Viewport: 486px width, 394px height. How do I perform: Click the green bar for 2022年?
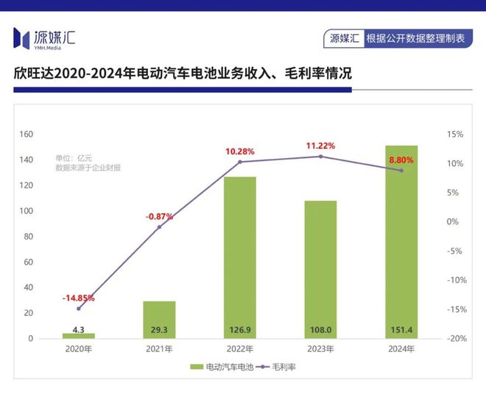(x=240, y=257)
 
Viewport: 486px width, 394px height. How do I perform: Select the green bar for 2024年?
(x=401, y=242)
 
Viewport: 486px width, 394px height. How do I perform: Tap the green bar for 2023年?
(x=320, y=269)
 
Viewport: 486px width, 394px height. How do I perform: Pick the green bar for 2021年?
(x=159, y=320)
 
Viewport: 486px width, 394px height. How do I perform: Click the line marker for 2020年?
(x=78, y=308)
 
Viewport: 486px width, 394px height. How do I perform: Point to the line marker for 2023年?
(x=320, y=157)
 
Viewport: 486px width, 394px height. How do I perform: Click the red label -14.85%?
(x=78, y=298)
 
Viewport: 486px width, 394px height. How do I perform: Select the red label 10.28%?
(x=240, y=151)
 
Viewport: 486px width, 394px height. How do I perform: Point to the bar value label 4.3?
(x=78, y=331)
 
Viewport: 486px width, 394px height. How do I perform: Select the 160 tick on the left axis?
(x=27, y=135)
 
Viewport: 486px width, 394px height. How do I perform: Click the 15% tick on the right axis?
(x=454, y=135)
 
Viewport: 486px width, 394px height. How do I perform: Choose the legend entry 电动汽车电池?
(x=219, y=366)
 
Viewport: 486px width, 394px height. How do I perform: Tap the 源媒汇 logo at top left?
(x=44, y=37)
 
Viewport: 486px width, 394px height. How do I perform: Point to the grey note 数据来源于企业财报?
(x=88, y=168)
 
